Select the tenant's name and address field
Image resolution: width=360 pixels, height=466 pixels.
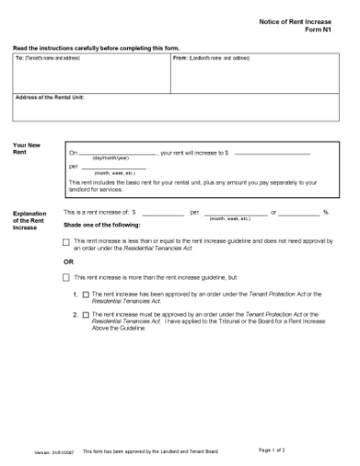coord(90,77)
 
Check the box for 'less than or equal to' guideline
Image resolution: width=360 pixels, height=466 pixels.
coord(66,242)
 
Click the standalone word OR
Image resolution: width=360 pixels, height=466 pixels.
coord(68,261)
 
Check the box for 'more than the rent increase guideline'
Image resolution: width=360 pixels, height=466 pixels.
coord(66,276)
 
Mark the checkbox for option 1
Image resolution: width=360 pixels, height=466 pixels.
coord(86,295)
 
